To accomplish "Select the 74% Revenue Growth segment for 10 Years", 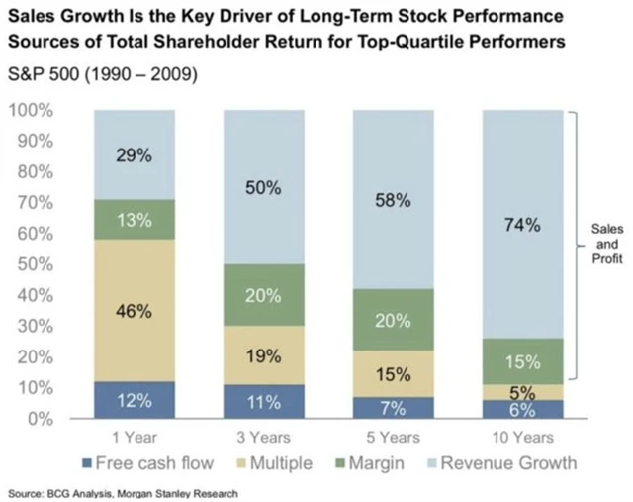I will [522, 225].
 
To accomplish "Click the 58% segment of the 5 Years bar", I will [394, 200].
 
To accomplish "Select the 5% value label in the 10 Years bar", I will [522, 392].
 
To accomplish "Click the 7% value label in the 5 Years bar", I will [394, 407].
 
